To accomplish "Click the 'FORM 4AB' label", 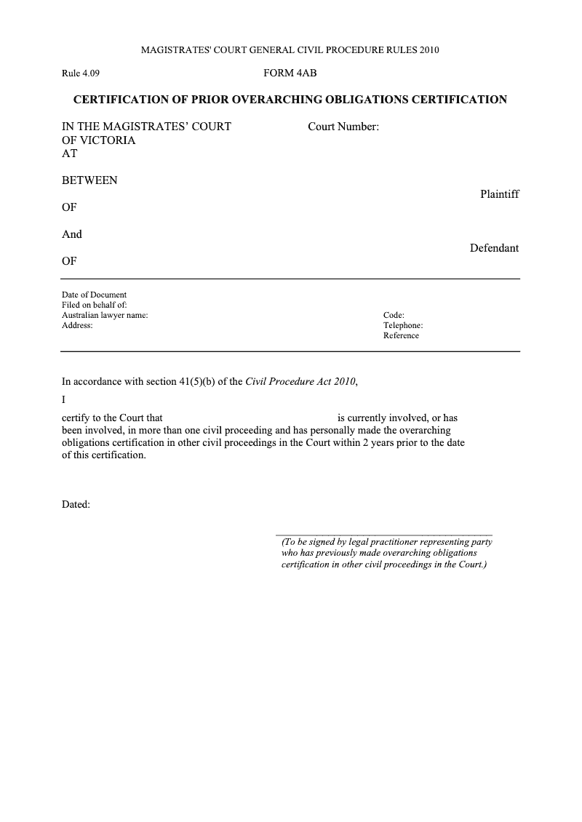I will click(x=290, y=73).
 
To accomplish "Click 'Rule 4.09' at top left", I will click(x=80, y=73).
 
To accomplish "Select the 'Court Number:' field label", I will click(x=343, y=127).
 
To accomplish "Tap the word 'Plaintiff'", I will click(x=499, y=194).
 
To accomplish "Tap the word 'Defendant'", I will click(x=494, y=248).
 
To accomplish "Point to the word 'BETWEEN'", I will click(x=89, y=180).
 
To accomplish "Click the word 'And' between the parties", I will click(x=72, y=234).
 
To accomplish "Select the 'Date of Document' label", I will click(x=94, y=295).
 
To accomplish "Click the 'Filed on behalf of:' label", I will click(x=95, y=305).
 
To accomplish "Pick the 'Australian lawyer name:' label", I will click(x=105, y=315).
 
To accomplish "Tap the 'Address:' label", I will click(x=77, y=325).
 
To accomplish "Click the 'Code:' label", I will click(x=394, y=315).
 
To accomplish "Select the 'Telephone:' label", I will click(x=403, y=325).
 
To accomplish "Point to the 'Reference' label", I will click(x=401, y=335).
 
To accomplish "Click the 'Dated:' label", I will click(x=76, y=504).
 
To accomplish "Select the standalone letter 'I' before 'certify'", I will click(x=64, y=399).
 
